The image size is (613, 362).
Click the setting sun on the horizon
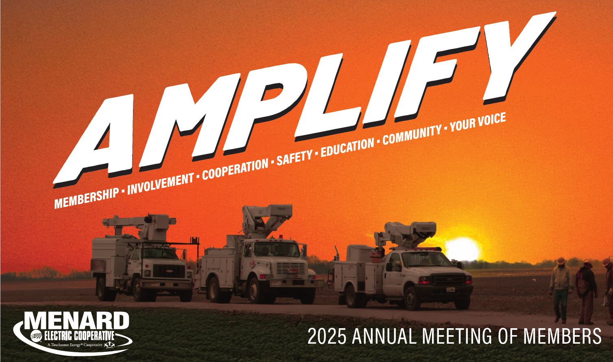click(462, 249)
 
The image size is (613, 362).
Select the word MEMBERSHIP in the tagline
click(87, 198)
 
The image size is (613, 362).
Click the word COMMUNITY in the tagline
click(412, 134)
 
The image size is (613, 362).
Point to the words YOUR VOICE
click(478, 122)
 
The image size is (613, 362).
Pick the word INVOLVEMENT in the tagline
click(161, 183)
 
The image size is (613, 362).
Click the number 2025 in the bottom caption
click(327, 336)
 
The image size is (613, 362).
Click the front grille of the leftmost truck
click(169, 271)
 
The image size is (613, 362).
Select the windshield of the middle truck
click(277, 249)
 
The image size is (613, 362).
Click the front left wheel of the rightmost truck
click(412, 299)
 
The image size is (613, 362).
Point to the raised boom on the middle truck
click(267, 219)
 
